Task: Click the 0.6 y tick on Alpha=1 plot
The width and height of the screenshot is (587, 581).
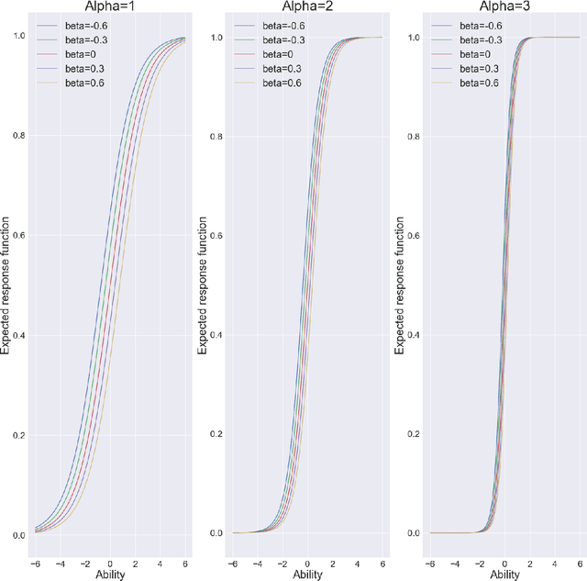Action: (x=20, y=236)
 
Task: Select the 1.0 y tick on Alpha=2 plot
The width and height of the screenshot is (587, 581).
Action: (x=217, y=38)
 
